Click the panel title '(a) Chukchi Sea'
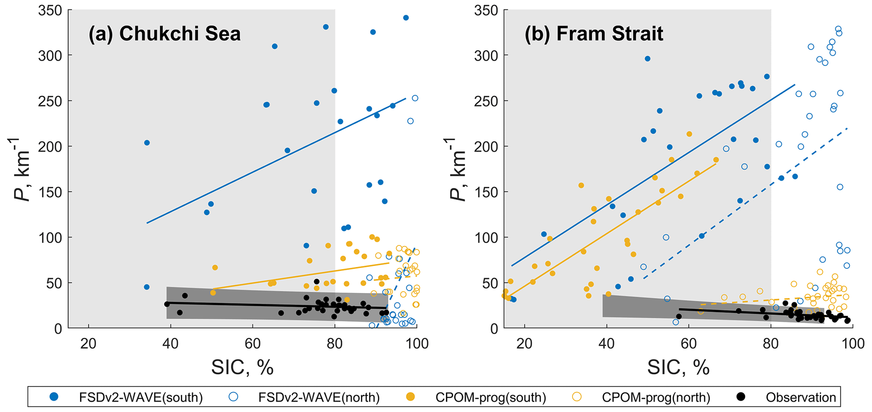165,34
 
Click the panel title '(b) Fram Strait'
594,34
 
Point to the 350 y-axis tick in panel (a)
50,10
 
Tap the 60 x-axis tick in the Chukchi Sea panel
253,344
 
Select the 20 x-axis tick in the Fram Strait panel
524,344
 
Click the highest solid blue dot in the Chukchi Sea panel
406,18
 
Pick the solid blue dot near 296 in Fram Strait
648,59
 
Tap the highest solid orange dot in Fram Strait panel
689,134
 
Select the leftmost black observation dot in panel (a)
167,304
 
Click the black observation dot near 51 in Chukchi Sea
317,282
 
